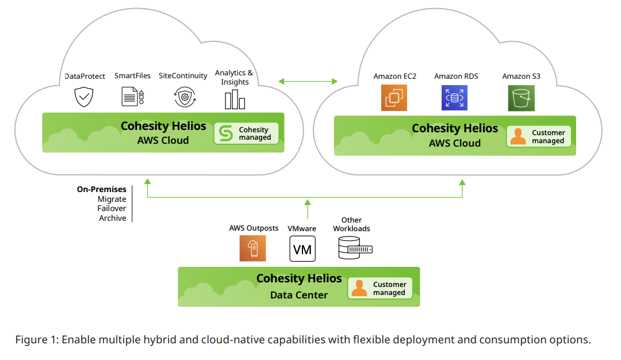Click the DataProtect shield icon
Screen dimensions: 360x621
[x=84, y=97]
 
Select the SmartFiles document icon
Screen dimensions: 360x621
[x=132, y=97]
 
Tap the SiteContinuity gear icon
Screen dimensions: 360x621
[x=184, y=97]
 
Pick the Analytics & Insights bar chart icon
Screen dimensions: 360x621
[x=235, y=99]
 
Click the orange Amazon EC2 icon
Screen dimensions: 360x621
[x=394, y=98]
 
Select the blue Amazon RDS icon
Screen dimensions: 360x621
[x=454, y=98]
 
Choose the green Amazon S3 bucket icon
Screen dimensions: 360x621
[x=521, y=98]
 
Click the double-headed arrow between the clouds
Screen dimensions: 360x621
[x=308, y=81]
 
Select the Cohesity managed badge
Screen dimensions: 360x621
[x=247, y=133]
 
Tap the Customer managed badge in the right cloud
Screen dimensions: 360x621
[x=539, y=136]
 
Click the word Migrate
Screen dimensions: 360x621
[x=112, y=199]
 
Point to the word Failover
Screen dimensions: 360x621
[x=112, y=209]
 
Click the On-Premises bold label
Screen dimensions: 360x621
[x=101, y=189]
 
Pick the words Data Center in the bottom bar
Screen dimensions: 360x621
[x=299, y=295]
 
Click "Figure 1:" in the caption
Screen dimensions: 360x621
[x=36, y=339]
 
